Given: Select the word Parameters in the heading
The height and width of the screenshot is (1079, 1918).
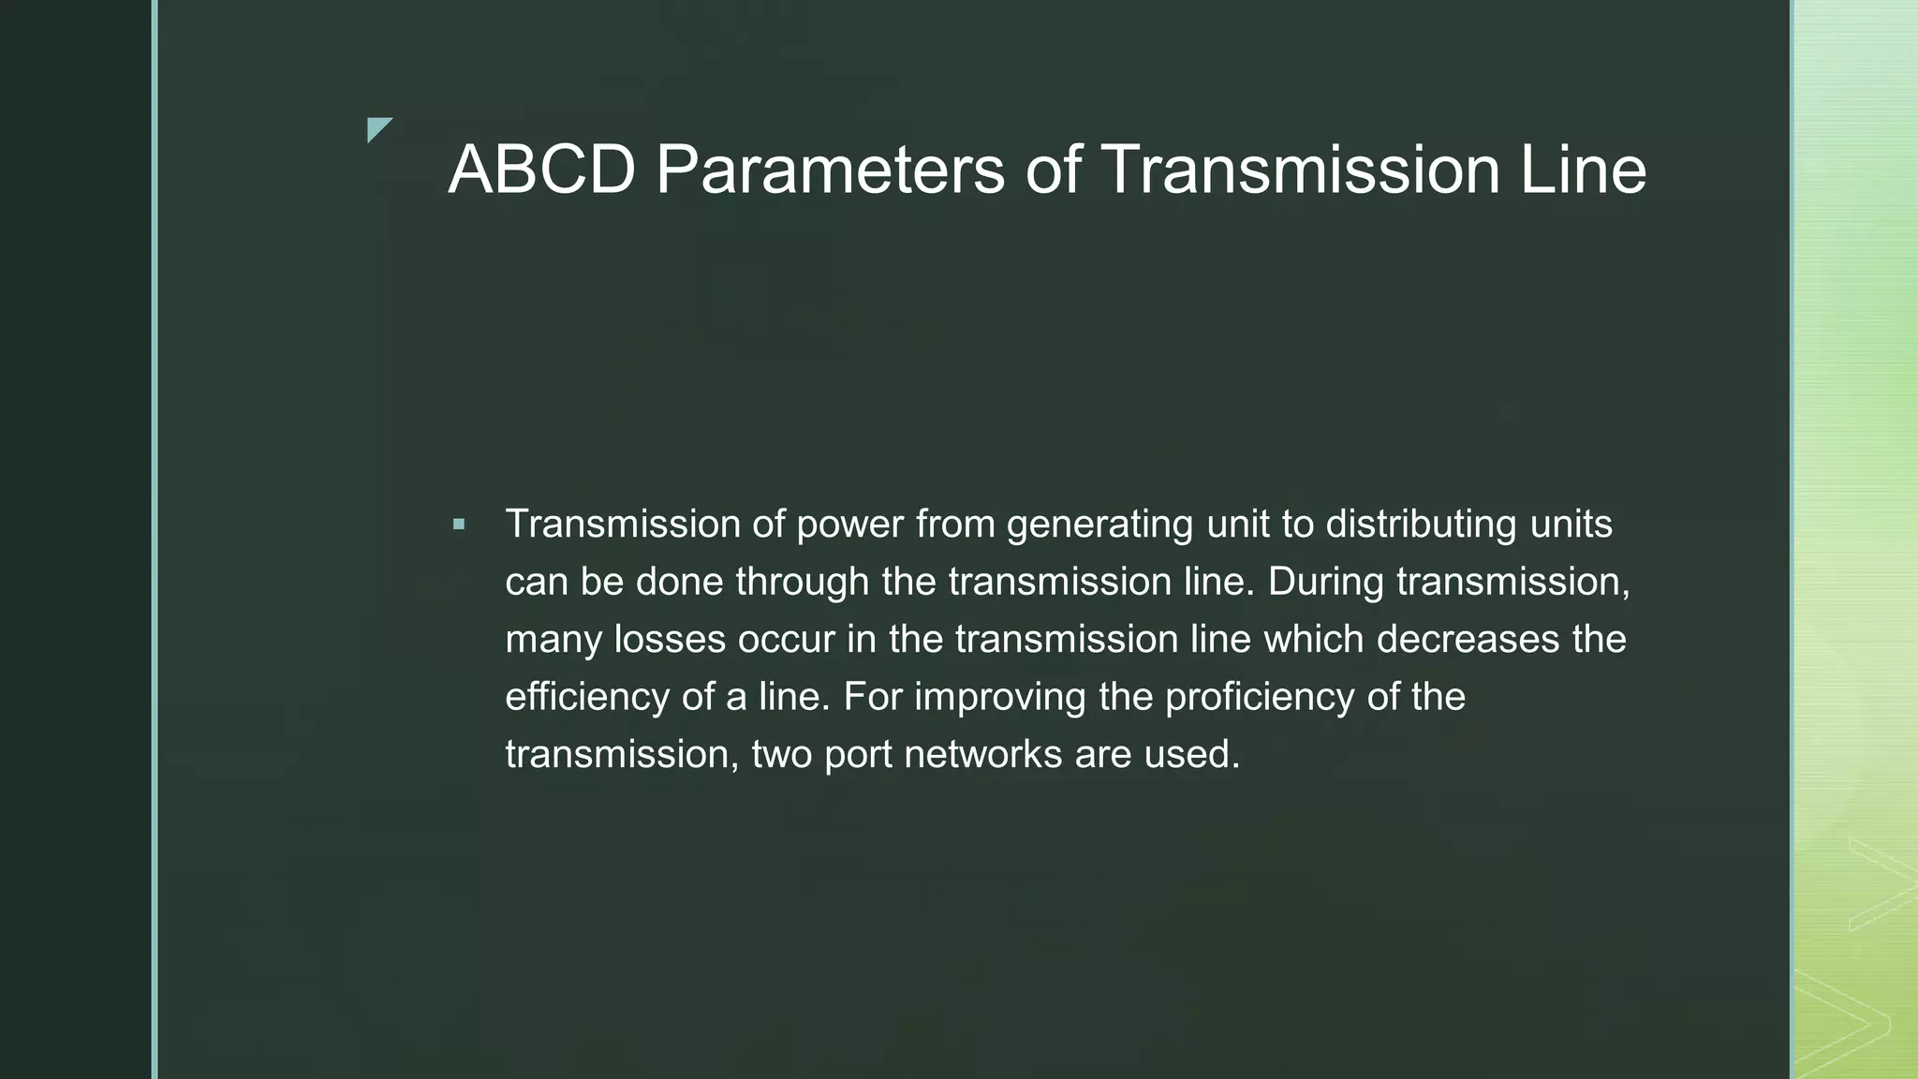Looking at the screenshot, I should [830, 170].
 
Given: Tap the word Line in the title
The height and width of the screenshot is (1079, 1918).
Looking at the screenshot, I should [1582, 170].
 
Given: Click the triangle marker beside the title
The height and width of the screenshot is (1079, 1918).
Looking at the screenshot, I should [378, 129].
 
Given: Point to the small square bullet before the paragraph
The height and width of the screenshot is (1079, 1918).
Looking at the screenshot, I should [458, 525].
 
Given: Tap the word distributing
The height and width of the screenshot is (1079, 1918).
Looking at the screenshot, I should [1421, 525].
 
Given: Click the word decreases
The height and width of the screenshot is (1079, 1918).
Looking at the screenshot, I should [1468, 640].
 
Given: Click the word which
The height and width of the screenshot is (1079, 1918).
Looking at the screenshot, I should [1314, 640].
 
